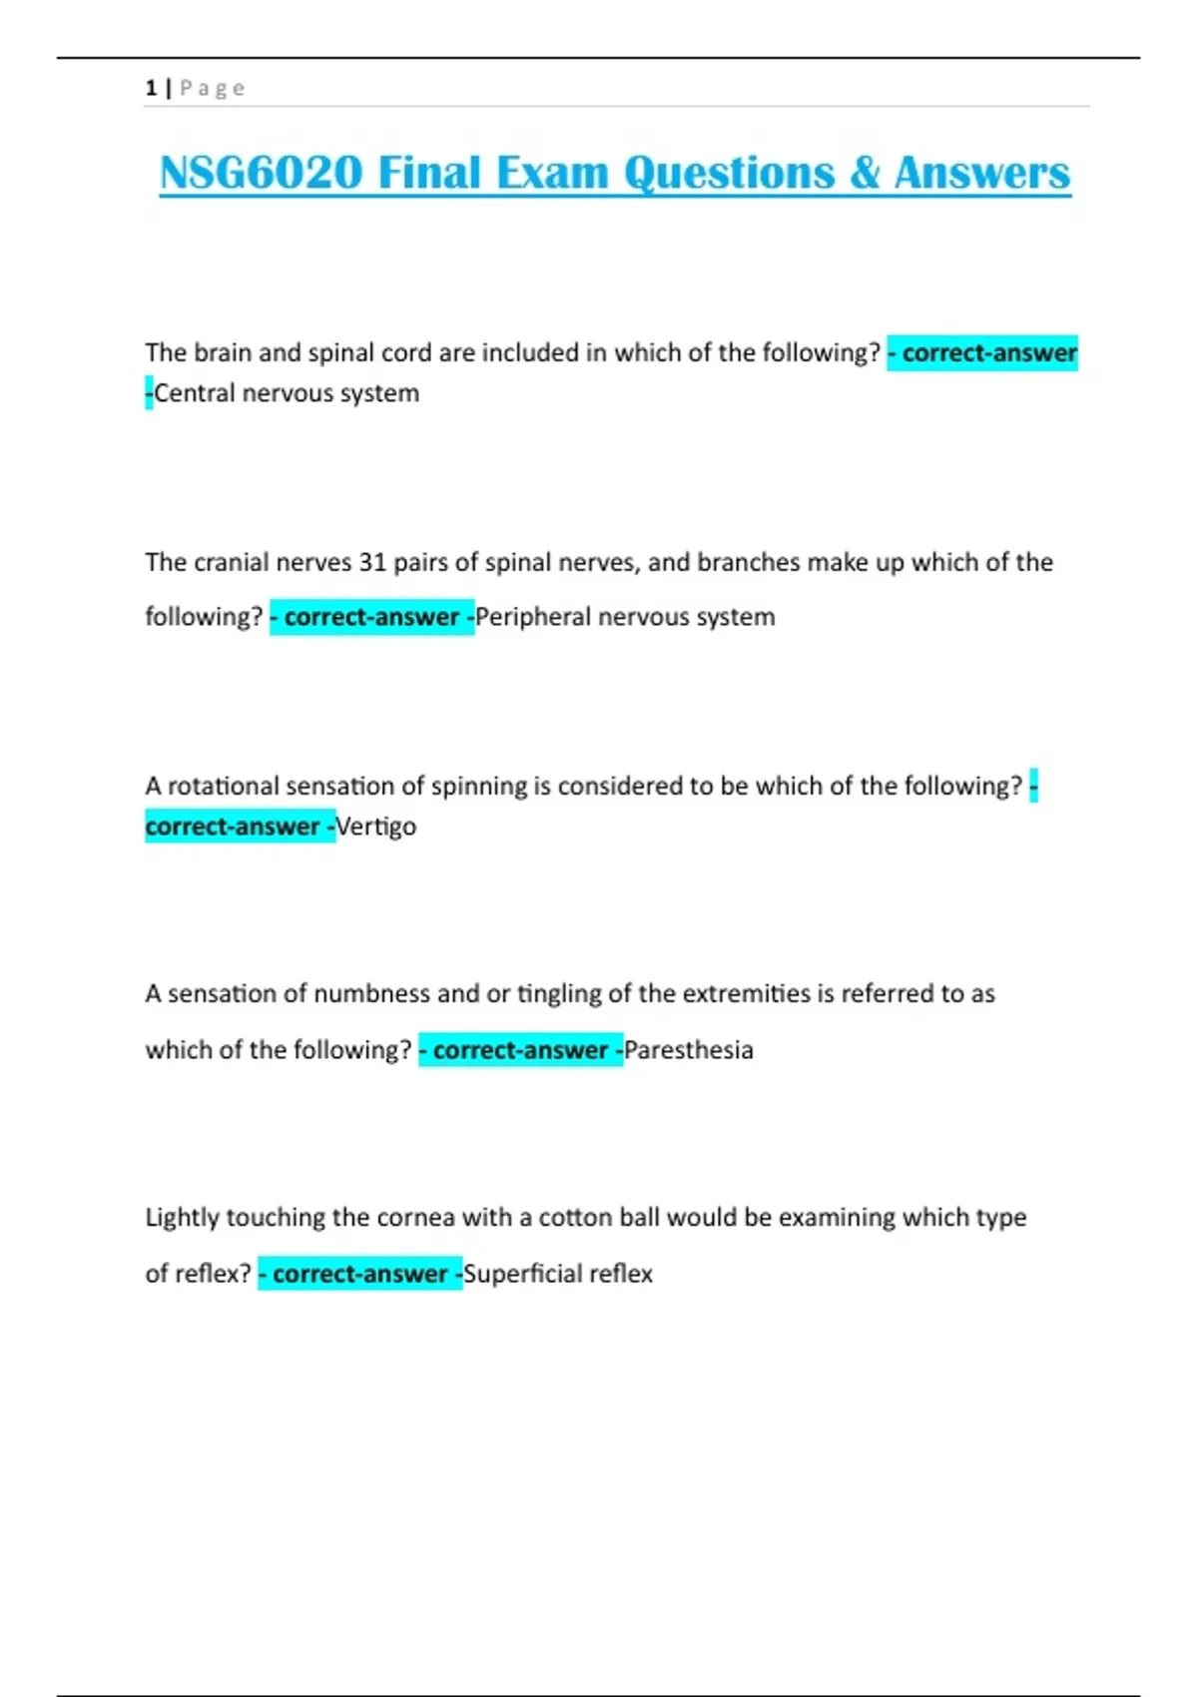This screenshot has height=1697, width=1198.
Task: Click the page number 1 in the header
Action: tap(151, 88)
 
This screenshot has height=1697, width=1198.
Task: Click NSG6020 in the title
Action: tap(261, 173)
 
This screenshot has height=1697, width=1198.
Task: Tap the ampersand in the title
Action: tap(865, 173)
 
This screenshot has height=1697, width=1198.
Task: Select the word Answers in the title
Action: tap(982, 173)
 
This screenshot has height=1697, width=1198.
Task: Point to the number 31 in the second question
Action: tap(372, 562)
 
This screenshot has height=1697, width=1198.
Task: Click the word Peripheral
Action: tap(534, 617)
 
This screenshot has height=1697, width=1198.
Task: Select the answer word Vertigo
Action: tap(376, 827)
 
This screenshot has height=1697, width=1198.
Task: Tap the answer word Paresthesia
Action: tap(689, 1050)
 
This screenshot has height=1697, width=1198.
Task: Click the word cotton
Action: tap(575, 1218)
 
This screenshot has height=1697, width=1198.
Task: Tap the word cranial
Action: tap(232, 562)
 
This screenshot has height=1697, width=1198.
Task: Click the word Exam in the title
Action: tap(552, 173)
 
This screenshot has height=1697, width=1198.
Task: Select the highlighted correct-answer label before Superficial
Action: tap(360, 1274)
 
